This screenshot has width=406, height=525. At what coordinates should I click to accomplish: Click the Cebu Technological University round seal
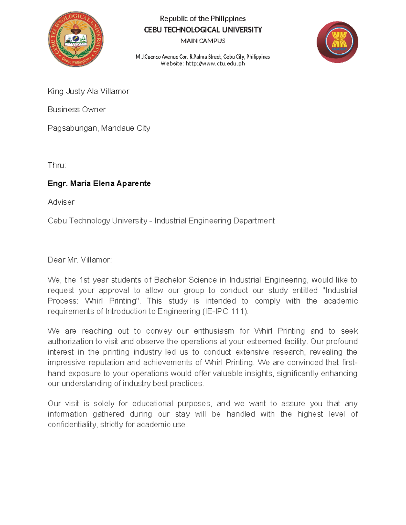point(75,39)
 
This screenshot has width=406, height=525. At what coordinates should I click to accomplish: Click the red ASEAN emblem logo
point(337,42)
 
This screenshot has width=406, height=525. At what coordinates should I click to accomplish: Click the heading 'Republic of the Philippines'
point(203,19)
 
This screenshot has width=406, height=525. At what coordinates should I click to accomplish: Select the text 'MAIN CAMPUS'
point(203,41)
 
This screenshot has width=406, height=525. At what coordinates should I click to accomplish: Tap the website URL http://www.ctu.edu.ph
point(215,64)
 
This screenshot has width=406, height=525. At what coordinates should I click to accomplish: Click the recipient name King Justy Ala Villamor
point(88,91)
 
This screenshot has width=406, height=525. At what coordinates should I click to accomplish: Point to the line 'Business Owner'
point(77,110)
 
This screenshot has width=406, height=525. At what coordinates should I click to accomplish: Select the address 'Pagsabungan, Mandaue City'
point(99,128)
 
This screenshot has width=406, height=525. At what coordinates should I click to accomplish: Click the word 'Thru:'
point(57,165)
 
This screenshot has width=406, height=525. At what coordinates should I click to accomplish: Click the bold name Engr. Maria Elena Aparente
point(99,184)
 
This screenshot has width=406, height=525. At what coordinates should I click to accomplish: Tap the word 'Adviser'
point(61,202)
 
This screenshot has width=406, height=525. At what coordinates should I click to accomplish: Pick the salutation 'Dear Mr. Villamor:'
point(80,260)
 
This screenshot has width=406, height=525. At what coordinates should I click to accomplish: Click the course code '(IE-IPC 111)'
point(225,311)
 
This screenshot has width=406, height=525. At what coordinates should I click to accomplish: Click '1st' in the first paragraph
point(84,280)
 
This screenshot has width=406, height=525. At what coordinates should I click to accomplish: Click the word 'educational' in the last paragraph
point(152,404)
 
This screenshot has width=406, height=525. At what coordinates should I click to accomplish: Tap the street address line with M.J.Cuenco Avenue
point(203,57)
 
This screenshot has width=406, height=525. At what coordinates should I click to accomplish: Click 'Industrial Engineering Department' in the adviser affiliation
point(215,221)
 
